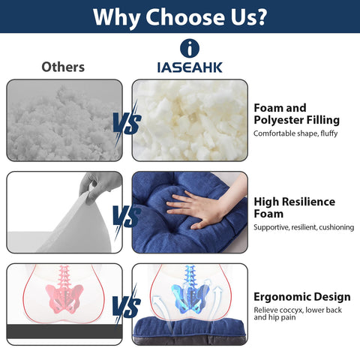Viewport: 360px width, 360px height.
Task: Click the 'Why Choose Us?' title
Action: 180,16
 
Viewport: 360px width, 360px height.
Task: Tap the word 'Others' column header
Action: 62,67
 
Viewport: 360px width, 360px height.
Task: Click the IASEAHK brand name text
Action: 190,67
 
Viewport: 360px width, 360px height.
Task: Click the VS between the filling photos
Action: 126,122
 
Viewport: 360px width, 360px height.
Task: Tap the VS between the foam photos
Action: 126,217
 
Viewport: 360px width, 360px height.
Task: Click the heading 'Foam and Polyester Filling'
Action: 296,114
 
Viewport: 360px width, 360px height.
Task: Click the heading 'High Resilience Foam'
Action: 294,208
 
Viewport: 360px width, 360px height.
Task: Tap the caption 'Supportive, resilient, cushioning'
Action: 298,226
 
